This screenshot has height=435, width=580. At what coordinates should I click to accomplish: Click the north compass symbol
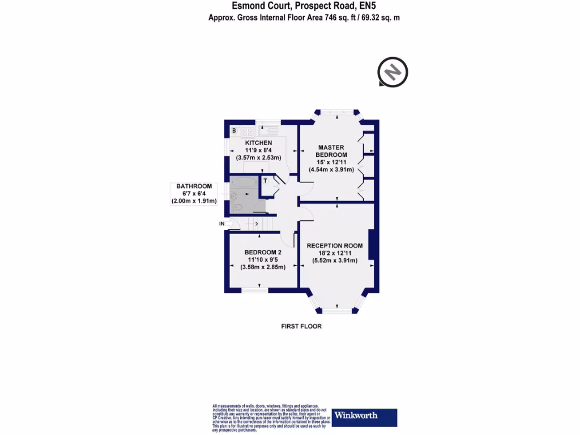coord(393,72)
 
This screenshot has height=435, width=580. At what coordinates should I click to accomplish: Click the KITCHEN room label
coord(258,142)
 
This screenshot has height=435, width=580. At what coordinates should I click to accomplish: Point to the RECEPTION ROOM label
coord(334,246)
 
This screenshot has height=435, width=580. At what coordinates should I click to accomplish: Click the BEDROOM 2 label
coord(263,252)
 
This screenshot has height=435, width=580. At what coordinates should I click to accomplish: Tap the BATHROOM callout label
coord(194,186)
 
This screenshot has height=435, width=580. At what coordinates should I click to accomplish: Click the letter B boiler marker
coord(234,131)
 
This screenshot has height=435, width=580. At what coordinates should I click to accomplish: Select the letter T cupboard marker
coord(265,181)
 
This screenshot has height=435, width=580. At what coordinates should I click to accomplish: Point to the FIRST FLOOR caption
coord(301,326)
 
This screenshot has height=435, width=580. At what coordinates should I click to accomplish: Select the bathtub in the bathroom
coord(243,184)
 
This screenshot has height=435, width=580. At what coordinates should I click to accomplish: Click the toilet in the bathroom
coord(238,207)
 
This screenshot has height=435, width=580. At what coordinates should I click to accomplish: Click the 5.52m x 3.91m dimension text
coord(335,261)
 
